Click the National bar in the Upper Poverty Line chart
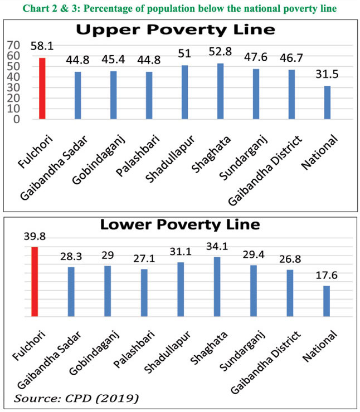click(327, 102)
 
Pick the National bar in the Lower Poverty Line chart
click(327, 301)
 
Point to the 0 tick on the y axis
click(18, 119)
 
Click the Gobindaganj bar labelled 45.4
click(114, 95)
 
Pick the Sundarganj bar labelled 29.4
click(254, 291)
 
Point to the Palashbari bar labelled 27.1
click(144, 292)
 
